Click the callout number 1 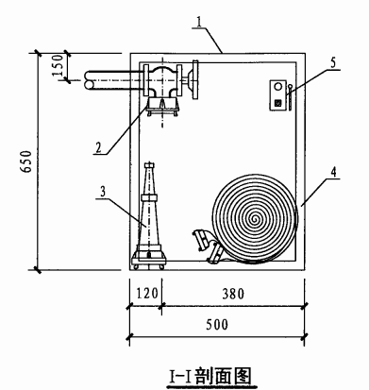coord(199,21)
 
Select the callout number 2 coord(99,147)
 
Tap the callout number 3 coord(103,192)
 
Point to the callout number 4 coord(333,172)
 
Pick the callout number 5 coord(333,62)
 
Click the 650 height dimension coord(26,161)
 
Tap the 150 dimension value coord(58,65)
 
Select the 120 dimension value coord(147,294)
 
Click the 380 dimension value coord(233,294)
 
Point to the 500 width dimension coord(217,325)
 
